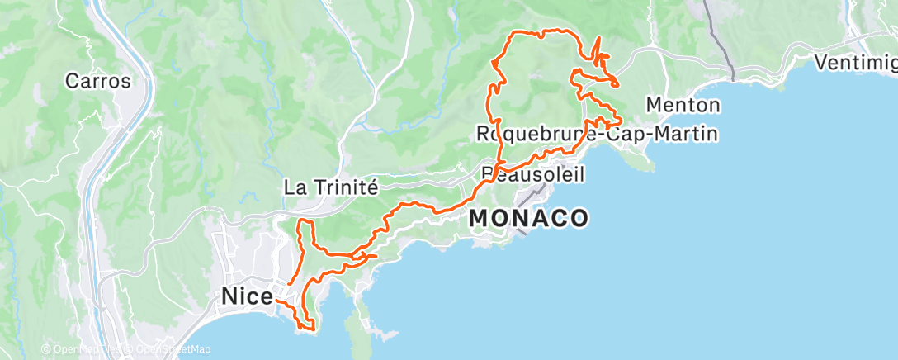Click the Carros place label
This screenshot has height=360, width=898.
tap(98, 82)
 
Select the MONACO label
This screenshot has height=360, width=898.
tap(528, 218)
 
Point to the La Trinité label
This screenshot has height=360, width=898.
tap(330, 187)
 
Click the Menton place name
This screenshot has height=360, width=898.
tap(683, 105)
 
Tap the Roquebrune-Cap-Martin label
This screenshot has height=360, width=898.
tap(597, 133)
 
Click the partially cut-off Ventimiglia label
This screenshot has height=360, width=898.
tap(856, 63)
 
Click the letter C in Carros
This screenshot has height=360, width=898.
tap(72, 82)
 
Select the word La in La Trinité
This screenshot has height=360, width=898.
tap(293, 187)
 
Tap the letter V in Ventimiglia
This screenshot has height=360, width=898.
tap(820, 63)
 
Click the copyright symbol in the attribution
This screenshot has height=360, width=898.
tap(46, 350)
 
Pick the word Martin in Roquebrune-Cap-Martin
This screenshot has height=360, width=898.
tap(684, 133)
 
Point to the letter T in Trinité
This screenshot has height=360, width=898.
tap(318, 187)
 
